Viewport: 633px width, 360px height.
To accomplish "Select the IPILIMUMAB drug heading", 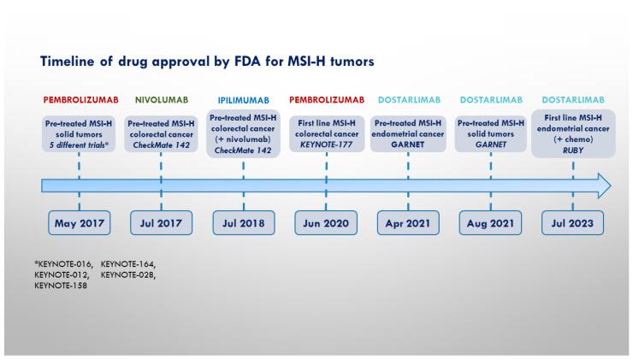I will [244, 100].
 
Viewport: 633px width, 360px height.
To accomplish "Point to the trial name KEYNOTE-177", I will [326, 145].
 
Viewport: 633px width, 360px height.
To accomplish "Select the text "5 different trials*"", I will [79, 145].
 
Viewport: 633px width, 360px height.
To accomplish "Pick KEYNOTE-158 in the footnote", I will [61, 286].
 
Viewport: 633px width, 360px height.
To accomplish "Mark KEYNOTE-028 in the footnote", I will [128, 275].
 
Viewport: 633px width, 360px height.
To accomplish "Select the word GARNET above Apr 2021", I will [408, 145].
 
